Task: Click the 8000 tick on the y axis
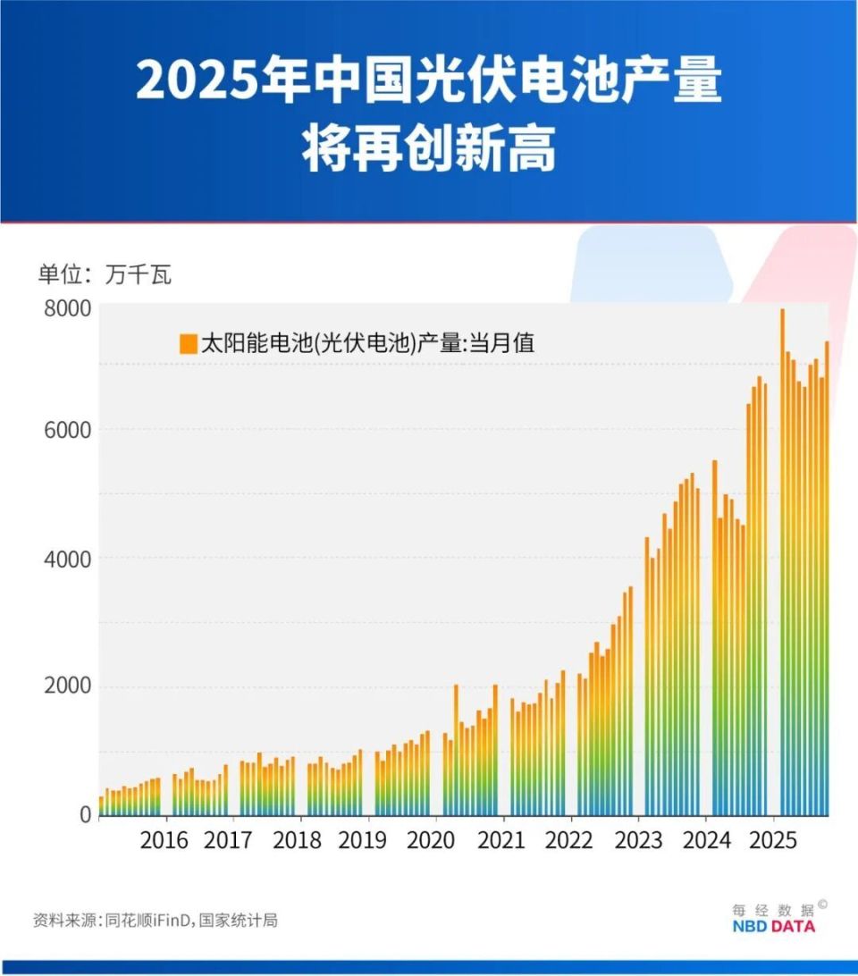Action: (x=67, y=309)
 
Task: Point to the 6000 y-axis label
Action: (x=67, y=430)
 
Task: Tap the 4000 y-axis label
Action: (x=67, y=559)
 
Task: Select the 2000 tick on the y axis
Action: (x=67, y=686)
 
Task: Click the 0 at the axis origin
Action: (x=84, y=814)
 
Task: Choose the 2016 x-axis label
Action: (x=164, y=841)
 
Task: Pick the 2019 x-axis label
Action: (x=363, y=841)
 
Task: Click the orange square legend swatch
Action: (x=189, y=343)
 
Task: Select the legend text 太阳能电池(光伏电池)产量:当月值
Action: (x=367, y=343)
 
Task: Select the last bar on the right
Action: (x=827, y=581)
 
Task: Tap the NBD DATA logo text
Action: (x=773, y=927)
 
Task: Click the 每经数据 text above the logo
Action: (x=773, y=909)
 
